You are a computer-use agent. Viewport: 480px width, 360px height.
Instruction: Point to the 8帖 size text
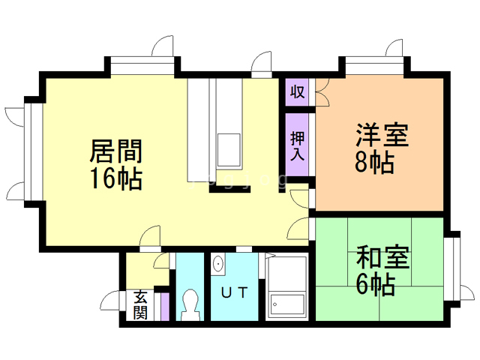pyautogui.click(x=373, y=163)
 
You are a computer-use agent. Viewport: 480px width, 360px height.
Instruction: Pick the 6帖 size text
pyautogui.click(x=375, y=285)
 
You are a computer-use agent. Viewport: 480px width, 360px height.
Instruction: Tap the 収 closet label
pyautogui.click(x=297, y=91)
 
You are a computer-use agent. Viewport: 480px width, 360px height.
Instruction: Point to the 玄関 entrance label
pyautogui.click(x=141, y=304)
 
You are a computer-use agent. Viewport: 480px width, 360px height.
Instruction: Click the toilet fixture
pyautogui.click(x=189, y=304)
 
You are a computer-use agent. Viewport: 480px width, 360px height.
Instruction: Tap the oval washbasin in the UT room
pyautogui.click(x=218, y=264)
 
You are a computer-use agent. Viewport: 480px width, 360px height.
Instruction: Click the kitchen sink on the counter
pyautogui.click(x=229, y=150)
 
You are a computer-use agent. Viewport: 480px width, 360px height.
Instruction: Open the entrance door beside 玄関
pyautogui.click(x=112, y=301)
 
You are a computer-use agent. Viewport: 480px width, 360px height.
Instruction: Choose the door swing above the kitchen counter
pyautogui.click(x=262, y=64)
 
